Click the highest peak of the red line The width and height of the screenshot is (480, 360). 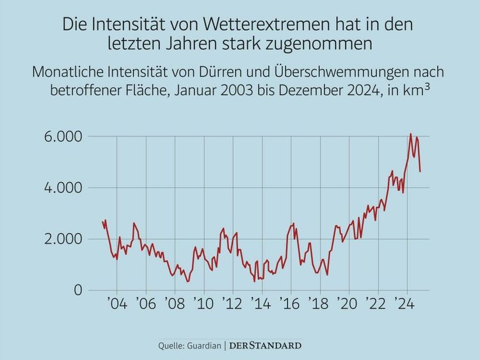coord(410,134)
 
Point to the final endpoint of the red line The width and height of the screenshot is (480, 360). coord(420,171)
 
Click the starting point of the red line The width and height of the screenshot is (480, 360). coord(102,222)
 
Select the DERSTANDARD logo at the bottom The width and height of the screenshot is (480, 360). coord(265,346)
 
